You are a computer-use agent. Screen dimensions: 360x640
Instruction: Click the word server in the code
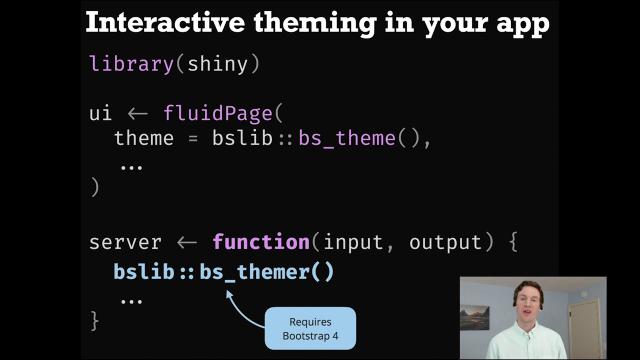click(x=125, y=242)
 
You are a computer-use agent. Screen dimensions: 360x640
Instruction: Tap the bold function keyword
click(x=260, y=242)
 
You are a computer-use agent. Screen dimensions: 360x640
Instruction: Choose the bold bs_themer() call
click(x=266, y=271)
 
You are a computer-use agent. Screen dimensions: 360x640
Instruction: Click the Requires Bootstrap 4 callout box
click(x=310, y=328)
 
